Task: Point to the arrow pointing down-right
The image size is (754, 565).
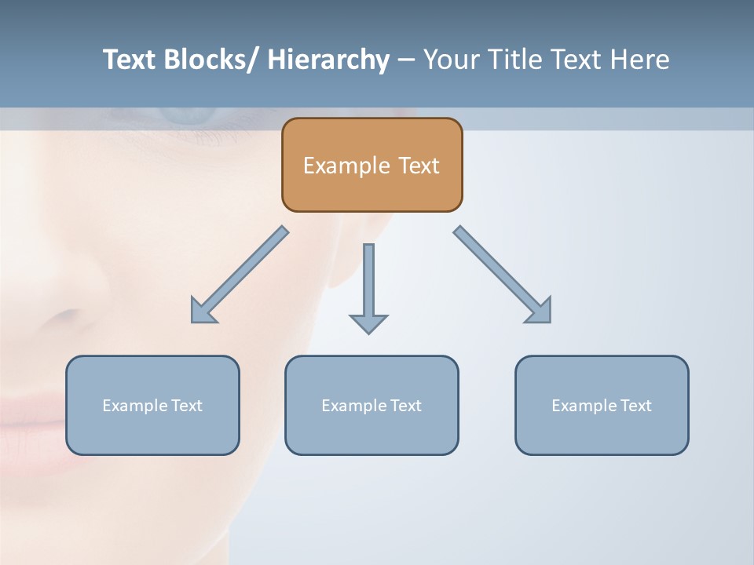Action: (503, 275)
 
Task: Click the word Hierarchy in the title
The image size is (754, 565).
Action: (328, 60)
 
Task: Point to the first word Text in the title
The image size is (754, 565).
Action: (129, 60)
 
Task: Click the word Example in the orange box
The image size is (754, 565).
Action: (346, 166)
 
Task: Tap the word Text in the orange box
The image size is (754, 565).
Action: (418, 166)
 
